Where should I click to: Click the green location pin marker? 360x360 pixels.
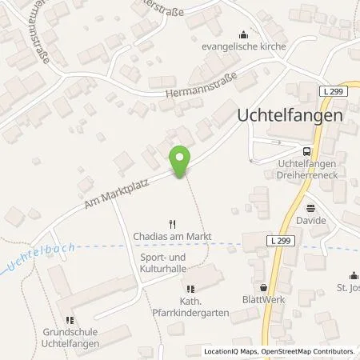(181, 162)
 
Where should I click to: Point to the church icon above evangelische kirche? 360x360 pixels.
(243, 34)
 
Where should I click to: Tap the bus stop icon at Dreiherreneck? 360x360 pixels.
(306, 150)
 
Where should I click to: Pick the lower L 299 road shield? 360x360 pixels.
(255, 240)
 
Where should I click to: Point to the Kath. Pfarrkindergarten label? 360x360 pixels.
(191, 307)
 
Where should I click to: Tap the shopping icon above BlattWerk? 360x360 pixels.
(263, 287)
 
